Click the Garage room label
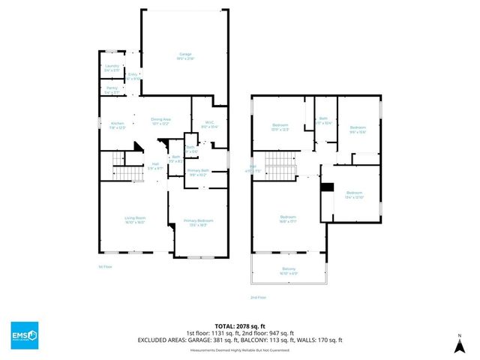tap(184, 55)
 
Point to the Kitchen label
tap(117, 124)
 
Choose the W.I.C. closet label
tap(209, 124)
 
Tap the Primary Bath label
tap(198, 172)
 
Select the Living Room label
tap(135, 220)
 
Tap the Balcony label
tap(289, 271)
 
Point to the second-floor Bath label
tap(324, 120)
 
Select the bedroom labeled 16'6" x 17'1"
tap(289, 217)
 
